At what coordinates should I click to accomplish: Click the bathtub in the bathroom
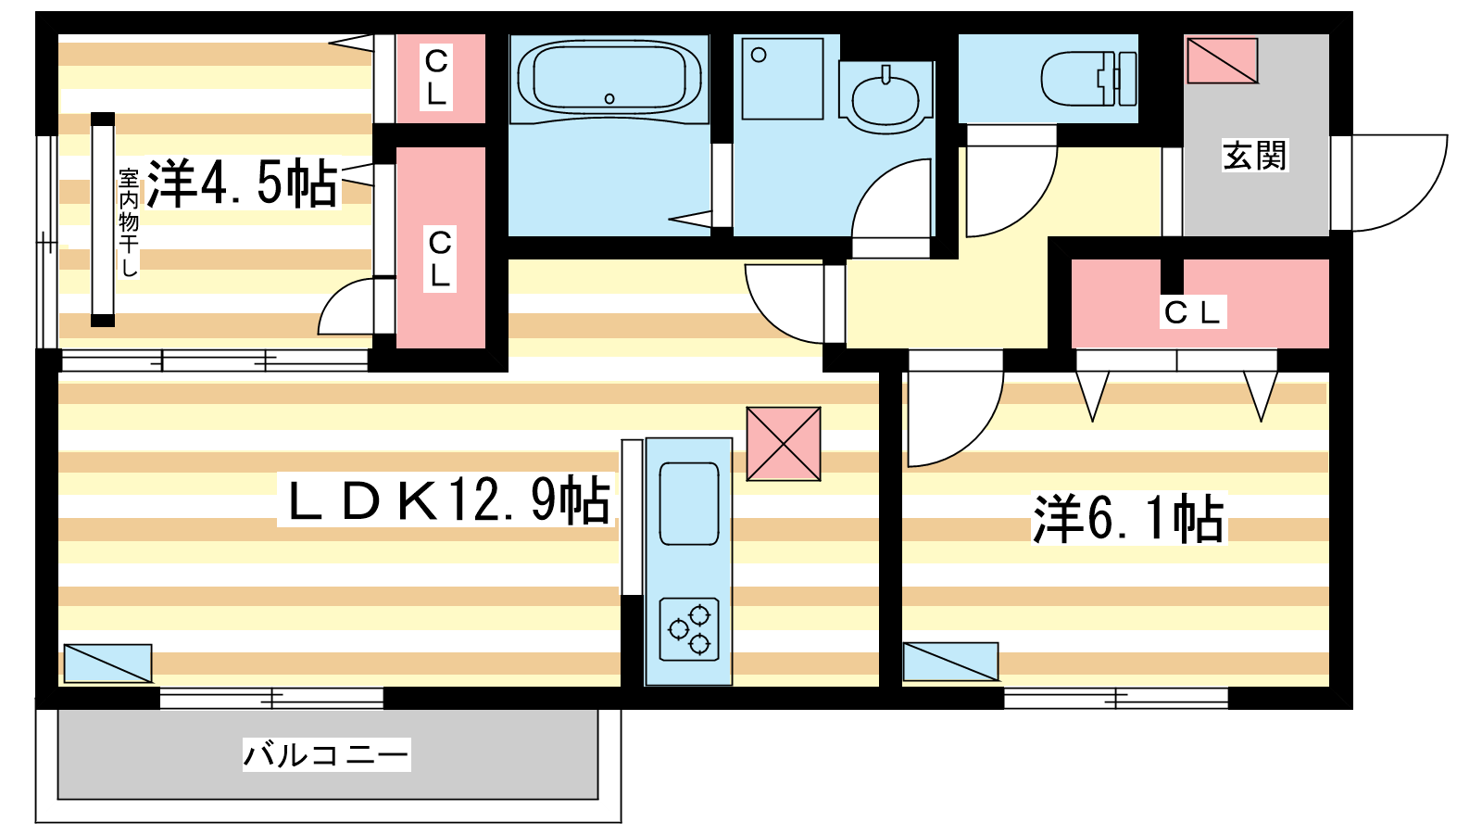click(x=609, y=80)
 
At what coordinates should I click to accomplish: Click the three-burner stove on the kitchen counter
click(x=689, y=629)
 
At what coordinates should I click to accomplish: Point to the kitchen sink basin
click(x=689, y=504)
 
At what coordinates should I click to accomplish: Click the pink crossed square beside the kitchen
click(x=784, y=444)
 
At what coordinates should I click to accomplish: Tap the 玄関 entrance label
click(x=1254, y=157)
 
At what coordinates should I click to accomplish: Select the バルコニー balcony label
click(x=326, y=755)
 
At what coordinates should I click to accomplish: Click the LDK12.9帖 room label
click(x=448, y=500)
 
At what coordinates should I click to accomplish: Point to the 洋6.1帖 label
click(x=1129, y=519)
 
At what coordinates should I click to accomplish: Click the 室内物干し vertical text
click(x=129, y=223)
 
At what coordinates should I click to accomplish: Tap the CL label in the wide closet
click(x=1191, y=312)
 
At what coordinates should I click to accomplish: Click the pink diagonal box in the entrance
click(x=1222, y=60)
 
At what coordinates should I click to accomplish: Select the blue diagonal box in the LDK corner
click(x=107, y=663)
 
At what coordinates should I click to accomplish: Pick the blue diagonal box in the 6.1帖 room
click(x=950, y=662)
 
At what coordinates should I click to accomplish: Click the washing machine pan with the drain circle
click(x=783, y=79)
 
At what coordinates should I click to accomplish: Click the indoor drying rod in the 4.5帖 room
click(x=103, y=220)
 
